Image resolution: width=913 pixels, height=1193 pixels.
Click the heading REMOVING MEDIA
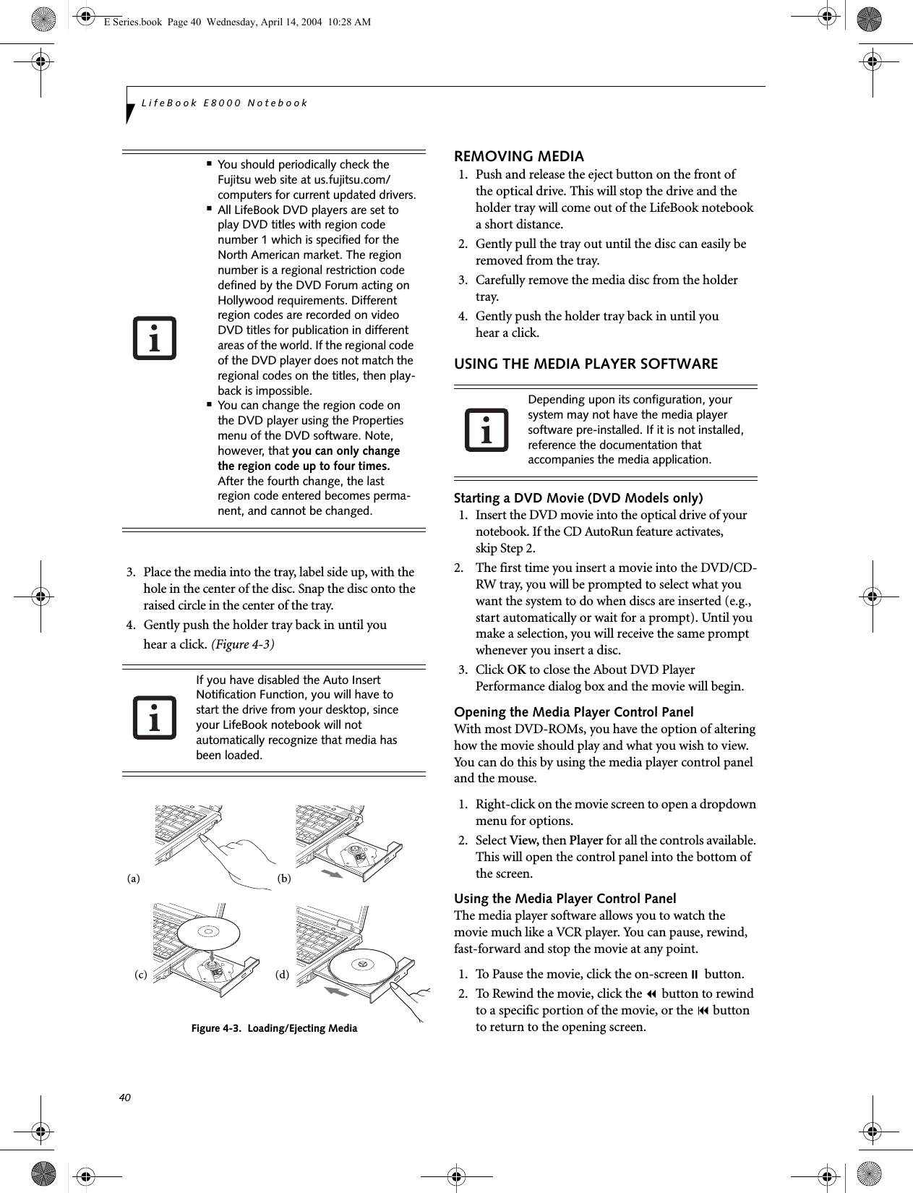click(518, 156)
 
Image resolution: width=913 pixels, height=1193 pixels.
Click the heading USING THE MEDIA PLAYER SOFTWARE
click(586, 364)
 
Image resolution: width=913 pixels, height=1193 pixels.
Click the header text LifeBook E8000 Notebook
click(225, 103)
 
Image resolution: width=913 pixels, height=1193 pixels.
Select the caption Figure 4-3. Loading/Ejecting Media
click(274, 1027)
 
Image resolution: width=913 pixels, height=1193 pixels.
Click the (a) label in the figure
click(133, 879)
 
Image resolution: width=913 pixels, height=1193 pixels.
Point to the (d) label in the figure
click(282, 974)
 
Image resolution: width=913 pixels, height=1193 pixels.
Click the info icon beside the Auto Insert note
click(154, 717)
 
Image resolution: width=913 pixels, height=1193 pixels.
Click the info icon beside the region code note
click(154, 338)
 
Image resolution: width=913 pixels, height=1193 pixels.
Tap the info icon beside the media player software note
click(486, 429)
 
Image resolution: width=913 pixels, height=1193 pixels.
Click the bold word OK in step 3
click(516, 670)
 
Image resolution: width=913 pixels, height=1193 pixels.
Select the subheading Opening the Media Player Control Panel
click(573, 711)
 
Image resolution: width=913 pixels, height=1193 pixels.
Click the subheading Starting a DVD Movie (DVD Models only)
click(578, 497)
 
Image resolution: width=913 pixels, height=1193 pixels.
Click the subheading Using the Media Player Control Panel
click(565, 898)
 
